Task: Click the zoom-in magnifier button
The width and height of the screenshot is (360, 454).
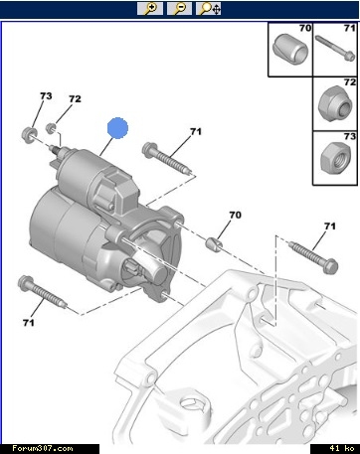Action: tap(150, 8)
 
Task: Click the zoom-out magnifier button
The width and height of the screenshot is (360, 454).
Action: tap(179, 8)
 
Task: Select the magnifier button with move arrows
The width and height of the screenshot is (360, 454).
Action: tap(209, 8)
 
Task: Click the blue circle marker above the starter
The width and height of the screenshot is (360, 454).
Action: tap(117, 128)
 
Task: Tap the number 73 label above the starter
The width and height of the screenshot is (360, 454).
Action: tap(46, 96)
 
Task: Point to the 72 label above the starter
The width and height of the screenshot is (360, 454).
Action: tap(75, 99)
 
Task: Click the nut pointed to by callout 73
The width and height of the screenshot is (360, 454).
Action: tap(29, 134)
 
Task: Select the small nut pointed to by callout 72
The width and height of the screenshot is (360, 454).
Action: tap(51, 128)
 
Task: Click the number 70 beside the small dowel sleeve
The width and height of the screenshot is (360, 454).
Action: tap(235, 215)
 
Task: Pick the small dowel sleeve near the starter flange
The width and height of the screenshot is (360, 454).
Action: tap(215, 244)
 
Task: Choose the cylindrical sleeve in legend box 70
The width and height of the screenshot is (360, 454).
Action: tap(290, 49)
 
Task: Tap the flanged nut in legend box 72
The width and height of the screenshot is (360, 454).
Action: tap(335, 103)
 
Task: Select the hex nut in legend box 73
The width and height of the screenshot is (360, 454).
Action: tap(335, 157)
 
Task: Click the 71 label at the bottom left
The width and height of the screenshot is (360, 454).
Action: tap(29, 322)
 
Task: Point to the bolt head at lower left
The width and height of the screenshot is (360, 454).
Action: tap(25, 282)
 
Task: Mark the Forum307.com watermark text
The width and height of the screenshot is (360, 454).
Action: tap(43, 448)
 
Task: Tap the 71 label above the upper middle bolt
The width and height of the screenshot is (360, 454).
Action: tap(196, 131)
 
